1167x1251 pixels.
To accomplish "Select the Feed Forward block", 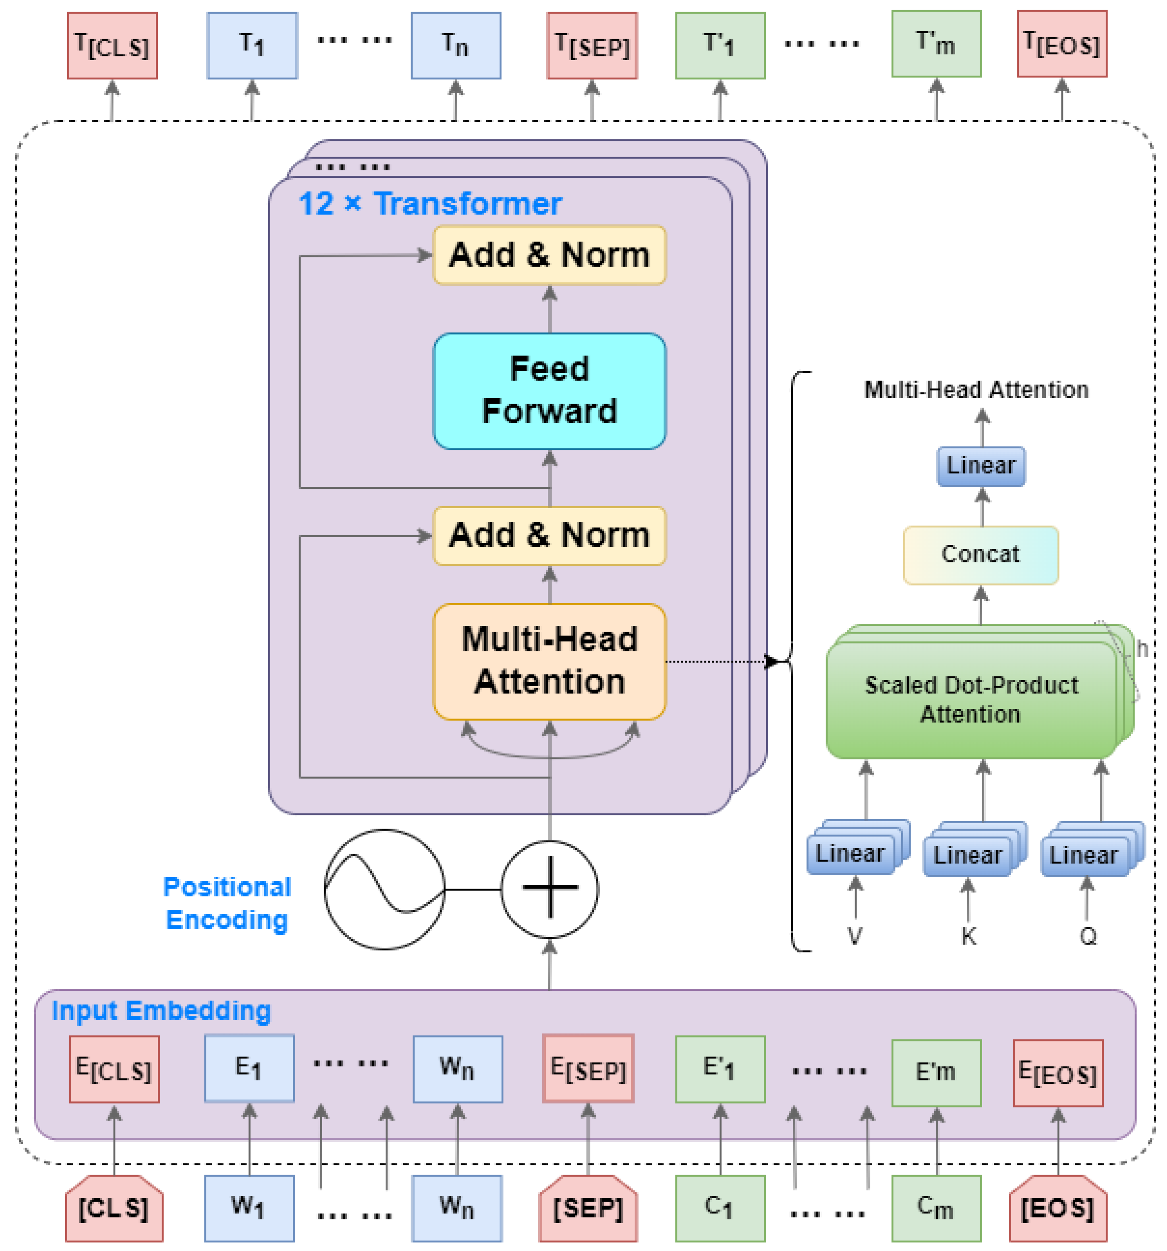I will tap(549, 391).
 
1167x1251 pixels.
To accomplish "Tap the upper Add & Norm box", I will tap(549, 255).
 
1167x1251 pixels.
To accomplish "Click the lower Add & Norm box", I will tap(549, 536).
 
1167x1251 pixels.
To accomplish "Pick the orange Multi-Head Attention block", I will tap(549, 661).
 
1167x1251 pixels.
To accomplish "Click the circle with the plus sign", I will tap(549, 889).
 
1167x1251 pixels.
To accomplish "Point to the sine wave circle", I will tap(384, 889).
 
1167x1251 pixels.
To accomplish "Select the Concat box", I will tap(980, 555).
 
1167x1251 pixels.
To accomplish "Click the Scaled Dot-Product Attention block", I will tap(971, 700).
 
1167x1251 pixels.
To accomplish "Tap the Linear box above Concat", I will tap(980, 466).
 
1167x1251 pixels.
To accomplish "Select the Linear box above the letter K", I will tap(967, 855).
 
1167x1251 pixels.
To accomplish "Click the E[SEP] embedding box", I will tap(588, 1068).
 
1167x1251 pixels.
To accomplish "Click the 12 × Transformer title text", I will tap(430, 204).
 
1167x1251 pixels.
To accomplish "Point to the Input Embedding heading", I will tap(161, 1011).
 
